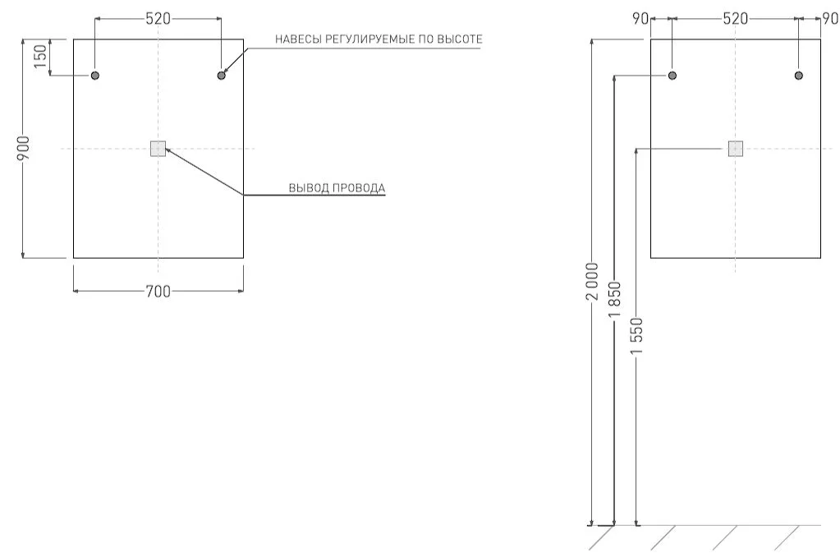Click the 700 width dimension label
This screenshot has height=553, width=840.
coord(158,291)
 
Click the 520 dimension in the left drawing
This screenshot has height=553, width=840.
coord(158,18)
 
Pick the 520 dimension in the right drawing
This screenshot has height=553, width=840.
coord(735,18)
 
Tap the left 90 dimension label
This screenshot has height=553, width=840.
coord(640,18)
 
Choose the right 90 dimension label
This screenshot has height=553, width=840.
coord(831,18)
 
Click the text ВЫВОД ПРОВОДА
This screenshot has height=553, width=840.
coord(337,188)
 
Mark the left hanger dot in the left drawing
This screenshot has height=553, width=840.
coord(95,76)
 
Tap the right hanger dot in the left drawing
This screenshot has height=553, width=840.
coord(221,76)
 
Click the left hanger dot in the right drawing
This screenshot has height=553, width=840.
coord(672,76)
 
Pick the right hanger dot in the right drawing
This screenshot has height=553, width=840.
coord(798,76)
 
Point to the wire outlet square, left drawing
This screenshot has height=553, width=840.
coord(158,149)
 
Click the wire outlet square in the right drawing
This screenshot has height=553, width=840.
coord(735,149)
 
